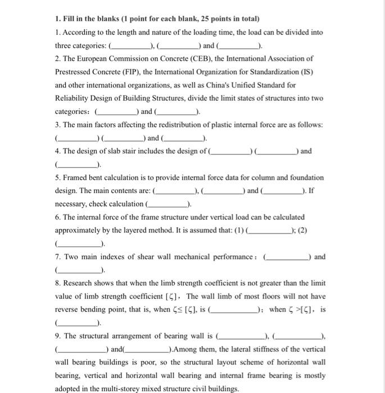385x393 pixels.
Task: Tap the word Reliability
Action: coord(74,99)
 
